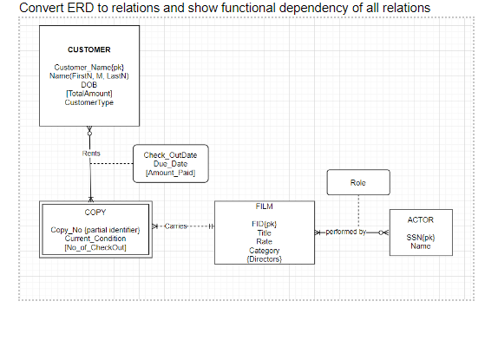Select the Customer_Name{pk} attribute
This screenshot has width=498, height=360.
89,68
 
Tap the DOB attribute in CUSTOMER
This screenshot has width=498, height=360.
89,84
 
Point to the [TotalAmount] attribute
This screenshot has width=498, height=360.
89,93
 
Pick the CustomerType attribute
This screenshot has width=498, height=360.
89,101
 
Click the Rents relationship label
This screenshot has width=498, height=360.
91,154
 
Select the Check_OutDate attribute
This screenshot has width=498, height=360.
170,155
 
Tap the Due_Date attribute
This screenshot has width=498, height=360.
170,164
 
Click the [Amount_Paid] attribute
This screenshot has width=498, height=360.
170,173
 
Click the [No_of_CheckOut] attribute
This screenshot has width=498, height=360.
95,247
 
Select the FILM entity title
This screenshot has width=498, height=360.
264,207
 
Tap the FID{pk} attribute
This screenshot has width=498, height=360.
264,224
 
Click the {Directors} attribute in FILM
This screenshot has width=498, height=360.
264,258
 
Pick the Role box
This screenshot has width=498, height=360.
358,183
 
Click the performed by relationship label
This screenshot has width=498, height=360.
352,233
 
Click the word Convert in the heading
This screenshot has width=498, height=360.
43,8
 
